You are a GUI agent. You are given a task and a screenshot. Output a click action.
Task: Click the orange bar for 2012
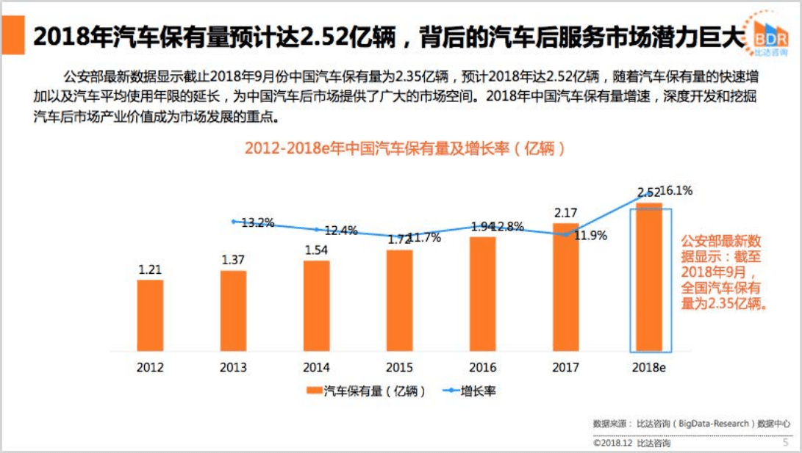tap(150, 316)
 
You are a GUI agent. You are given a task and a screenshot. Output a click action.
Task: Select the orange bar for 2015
tap(399, 301)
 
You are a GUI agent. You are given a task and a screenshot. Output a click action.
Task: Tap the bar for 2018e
tap(650, 279)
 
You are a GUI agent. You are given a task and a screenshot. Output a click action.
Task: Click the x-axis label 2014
tap(316, 368)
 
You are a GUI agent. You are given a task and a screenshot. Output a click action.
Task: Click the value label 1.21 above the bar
tap(150, 269)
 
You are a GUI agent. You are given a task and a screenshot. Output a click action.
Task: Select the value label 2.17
tap(566, 213)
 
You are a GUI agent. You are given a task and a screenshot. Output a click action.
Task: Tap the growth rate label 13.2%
tap(258, 222)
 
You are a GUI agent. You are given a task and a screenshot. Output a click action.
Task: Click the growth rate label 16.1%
tap(677, 191)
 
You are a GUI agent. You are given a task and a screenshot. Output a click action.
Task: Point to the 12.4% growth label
tap(341, 231)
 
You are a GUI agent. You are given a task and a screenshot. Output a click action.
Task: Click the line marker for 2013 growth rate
tap(234, 221)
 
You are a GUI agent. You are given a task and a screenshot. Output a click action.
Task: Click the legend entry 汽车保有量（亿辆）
tap(368, 391)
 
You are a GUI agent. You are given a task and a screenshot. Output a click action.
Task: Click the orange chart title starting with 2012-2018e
tap(405, 148)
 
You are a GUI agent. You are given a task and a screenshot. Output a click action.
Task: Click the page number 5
tap(784, 443)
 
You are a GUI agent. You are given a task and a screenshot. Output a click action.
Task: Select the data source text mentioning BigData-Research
tap(692, 424)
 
